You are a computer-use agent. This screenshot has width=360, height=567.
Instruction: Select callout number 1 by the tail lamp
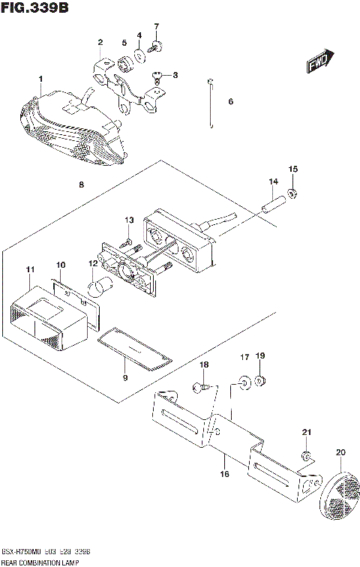coord(40,79)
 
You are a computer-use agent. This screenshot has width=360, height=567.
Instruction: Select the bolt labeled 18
coord(200,388)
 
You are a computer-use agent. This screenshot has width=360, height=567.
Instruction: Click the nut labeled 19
coord(260,382)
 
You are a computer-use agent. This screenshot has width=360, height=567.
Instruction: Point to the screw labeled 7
coord(154,47)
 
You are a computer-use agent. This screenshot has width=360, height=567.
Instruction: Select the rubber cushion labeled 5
coord(123,58)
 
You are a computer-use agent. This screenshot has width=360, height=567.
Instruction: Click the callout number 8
coord(80,184)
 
